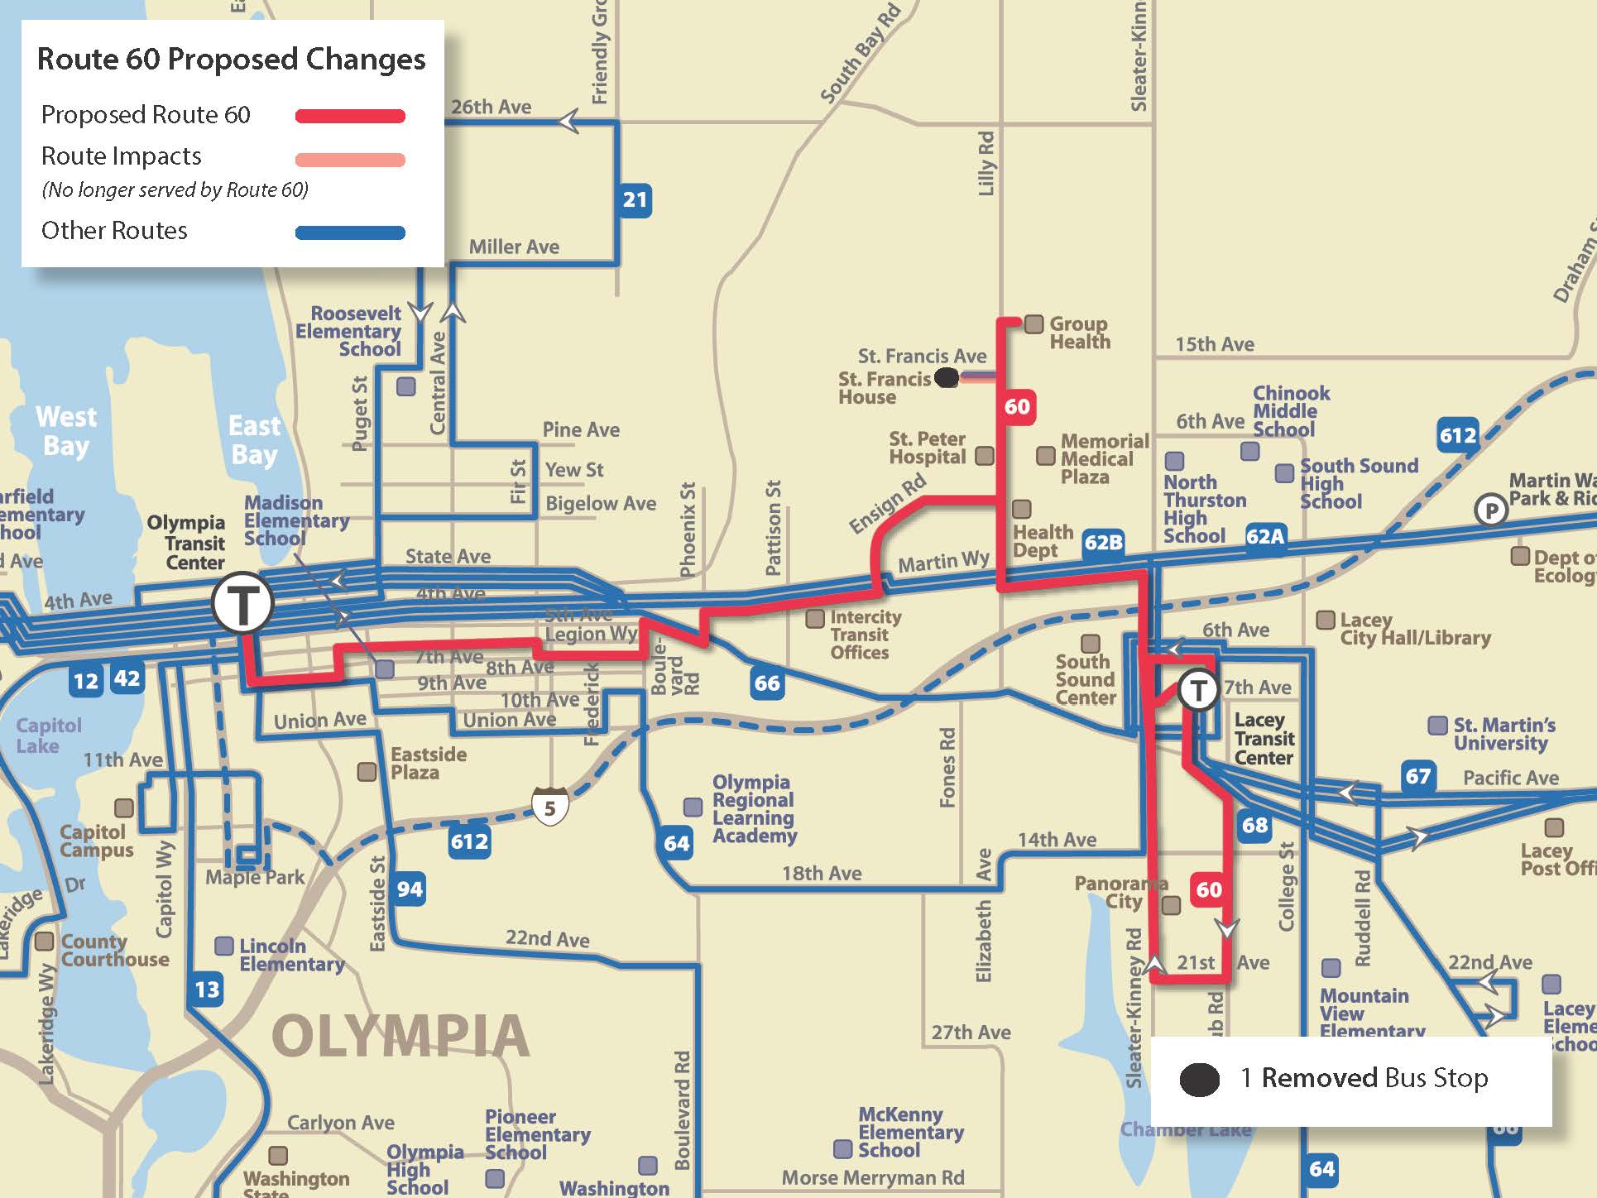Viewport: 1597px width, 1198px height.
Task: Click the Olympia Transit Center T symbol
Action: coord(242,603)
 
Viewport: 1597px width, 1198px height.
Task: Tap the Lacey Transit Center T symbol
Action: coord(1197,690)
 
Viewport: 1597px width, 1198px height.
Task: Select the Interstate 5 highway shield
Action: coord(549,807)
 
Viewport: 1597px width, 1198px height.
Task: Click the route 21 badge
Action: coord(635,200)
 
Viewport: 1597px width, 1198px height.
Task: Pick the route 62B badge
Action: coord(1103,543)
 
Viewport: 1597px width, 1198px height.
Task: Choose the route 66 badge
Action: coord(766,683)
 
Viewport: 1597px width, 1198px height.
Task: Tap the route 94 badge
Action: coord(410,889)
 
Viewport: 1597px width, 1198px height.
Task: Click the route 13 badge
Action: coord(207,990)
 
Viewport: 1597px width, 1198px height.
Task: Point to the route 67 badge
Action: coord(1417,776)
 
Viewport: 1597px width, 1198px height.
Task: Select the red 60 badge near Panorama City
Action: coord(1208,890)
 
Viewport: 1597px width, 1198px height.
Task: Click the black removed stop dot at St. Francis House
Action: coord(947,378)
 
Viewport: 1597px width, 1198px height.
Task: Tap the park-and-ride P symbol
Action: coord(1491,510)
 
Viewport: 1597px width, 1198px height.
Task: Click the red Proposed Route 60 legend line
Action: coord(350,117)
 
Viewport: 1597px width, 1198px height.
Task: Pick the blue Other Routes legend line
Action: coord(350,233)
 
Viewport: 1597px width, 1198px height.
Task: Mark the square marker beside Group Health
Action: coord(1033,323)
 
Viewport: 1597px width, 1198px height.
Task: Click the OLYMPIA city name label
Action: coord(400,1036)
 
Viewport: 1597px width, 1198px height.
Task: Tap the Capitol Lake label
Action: coord(49,736)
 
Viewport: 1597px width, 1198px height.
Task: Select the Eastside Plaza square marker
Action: coord(367,772)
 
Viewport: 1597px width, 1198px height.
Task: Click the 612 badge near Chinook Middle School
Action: coord(1457,435)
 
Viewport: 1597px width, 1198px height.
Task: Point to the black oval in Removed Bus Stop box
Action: coord(1199,1080)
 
